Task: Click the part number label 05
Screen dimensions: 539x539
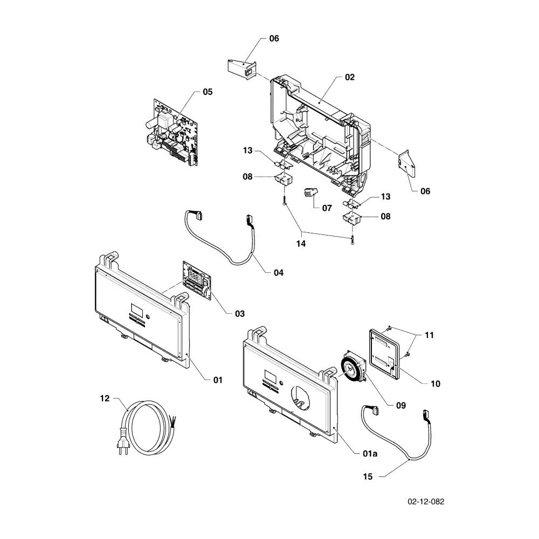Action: [x=208, y=92]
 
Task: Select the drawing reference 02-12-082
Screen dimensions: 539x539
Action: [x=426, y=501]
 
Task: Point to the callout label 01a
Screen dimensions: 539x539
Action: [x=370, y=453]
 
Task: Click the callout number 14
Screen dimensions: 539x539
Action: [x=301, y=244]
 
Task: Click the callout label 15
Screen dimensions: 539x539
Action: [x=368, y=477]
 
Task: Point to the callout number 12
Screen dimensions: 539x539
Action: [x=105, y=398]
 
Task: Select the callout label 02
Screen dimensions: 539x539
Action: [x=350, y=77]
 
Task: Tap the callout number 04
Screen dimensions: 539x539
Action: [x=279, y=273]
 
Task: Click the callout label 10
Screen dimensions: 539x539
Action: [x=435, y=384]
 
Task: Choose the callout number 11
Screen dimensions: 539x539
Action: [x=430, y=335]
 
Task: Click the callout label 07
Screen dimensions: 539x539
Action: [x=327, y=208]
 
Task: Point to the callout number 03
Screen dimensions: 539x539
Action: [x=240, y=314]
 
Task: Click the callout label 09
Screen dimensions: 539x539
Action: [x=401, y=406]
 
